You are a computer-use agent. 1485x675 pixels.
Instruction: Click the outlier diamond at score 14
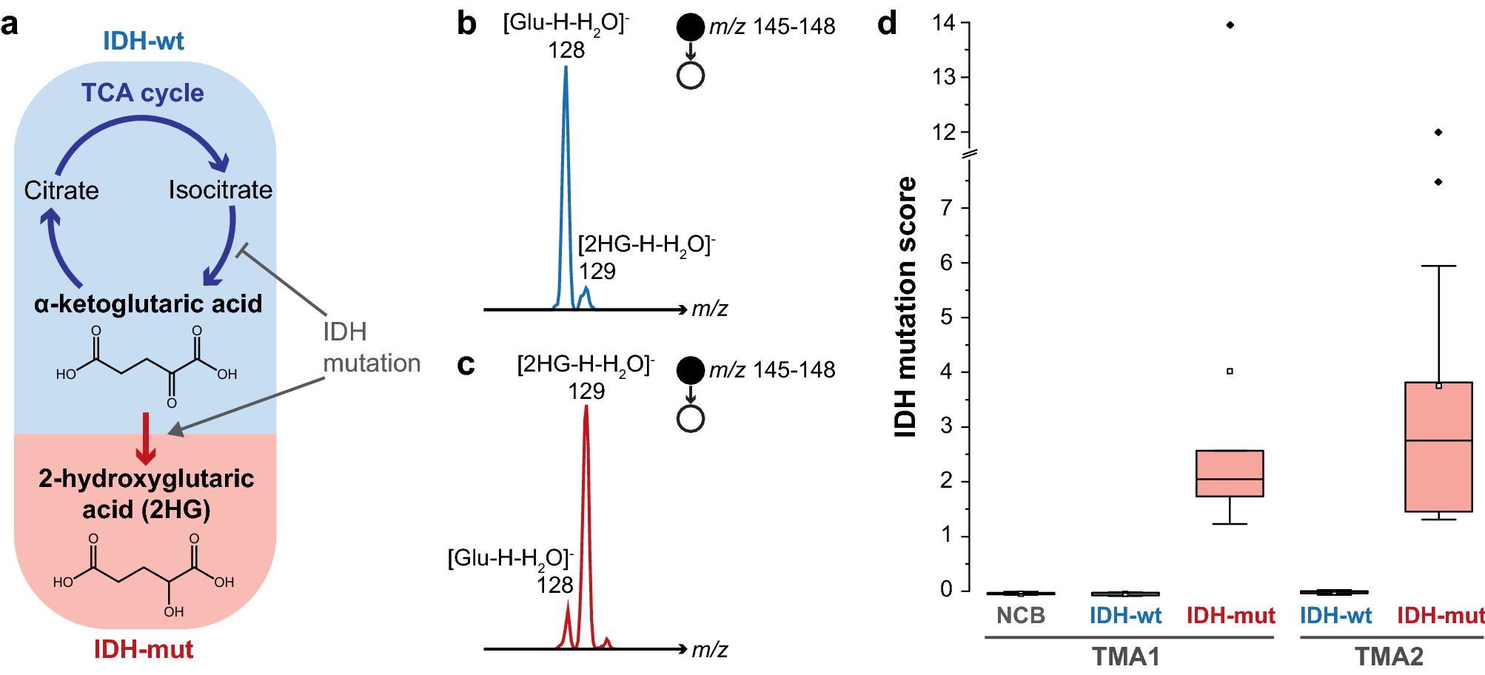(x=1230, y=25)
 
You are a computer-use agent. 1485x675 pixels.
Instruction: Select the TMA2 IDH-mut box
(x=1438, y=447)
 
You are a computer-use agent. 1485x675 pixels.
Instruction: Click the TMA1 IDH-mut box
(x=1230, y=474)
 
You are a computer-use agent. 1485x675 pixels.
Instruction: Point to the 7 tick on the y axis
(x=946, y=208)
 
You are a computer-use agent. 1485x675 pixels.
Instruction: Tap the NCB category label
(x=1020, y=615)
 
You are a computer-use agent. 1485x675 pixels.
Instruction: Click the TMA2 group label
(x=1389, y=656)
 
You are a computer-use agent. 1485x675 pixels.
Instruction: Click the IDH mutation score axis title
(x=905, y=306)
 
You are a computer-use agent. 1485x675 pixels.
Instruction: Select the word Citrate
(x=61, y=190)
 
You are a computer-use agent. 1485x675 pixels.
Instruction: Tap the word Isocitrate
(x=220, y=190)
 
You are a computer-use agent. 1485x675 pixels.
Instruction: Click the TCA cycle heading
(x=142, y=93)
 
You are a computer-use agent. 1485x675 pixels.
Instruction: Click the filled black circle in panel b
(x=690, y=27)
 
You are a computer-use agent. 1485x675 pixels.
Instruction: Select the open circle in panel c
(x=690, y=419)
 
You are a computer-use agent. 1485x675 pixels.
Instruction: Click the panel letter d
(x=886, y=24)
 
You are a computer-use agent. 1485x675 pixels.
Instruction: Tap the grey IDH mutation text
(x=371, y=347)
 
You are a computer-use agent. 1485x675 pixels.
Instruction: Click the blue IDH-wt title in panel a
(x=143, y=41)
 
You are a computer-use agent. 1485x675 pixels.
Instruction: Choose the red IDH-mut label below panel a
(x=143, y=649)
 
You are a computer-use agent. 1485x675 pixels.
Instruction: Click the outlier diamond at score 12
(x=1438, y=132)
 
